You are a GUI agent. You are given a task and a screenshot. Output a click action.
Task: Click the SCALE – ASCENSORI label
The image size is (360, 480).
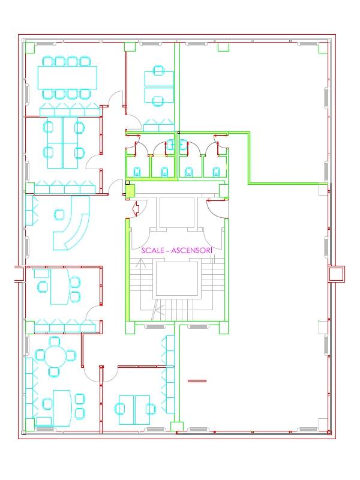pos(176,250)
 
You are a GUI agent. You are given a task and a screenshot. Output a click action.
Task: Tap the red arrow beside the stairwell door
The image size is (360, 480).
pos(136,208)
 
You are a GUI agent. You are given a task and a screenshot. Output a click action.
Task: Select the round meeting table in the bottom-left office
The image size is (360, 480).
pos(55,355)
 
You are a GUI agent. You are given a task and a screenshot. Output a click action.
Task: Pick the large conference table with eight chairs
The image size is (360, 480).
pos(67,77)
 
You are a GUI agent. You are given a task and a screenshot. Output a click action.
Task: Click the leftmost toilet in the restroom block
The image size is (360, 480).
pos(137,172)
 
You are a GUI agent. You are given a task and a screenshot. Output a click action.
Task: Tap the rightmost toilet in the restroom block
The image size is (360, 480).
pos(216,172)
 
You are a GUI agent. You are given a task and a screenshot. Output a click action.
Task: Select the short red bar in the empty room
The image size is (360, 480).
pos(197,381)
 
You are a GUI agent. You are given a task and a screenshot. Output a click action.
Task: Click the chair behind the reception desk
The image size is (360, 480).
pos(59,215)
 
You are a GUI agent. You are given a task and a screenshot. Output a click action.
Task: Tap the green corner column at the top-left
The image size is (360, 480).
pos(29,48)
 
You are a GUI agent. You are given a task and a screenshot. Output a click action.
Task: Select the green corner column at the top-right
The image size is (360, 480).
pos(323,48)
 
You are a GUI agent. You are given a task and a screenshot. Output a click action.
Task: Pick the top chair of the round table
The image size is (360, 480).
pos(55,341)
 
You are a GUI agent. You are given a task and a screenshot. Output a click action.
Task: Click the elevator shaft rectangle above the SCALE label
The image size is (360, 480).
pos(177,212)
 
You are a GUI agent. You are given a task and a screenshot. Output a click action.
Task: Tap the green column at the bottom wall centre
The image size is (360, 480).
pos(177,427)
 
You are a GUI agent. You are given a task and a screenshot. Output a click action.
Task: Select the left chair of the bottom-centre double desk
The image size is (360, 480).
pos(120,409)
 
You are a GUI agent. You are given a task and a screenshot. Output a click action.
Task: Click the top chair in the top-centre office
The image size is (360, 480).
pos(158,70)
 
